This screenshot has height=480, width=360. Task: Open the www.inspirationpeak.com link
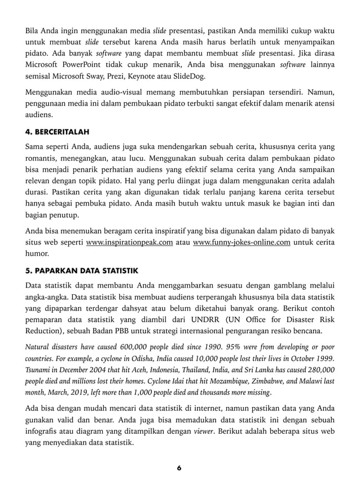tap(129, 242)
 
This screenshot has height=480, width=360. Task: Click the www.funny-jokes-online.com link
tap(242, 242)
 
